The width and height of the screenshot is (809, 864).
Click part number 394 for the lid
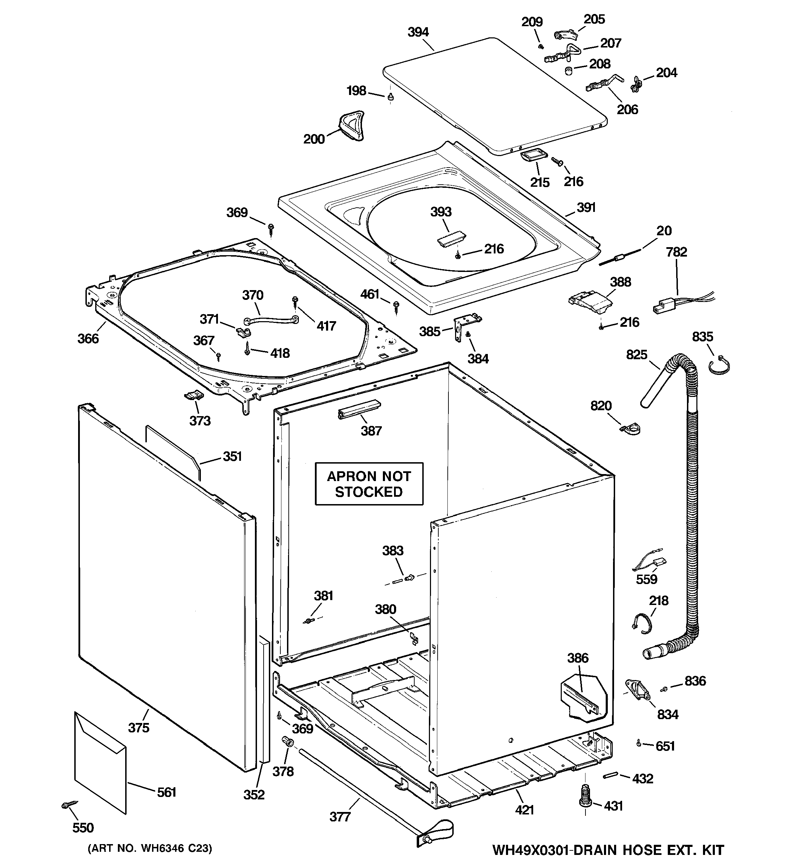[x=418, y=32]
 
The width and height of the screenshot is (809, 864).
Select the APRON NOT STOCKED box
[x=369, y=484]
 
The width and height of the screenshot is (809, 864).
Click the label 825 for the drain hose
[x=637, y=355]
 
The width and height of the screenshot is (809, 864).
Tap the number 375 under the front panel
[x=138, y=728]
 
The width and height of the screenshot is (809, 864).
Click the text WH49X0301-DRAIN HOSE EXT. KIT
[x=608, y=850]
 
